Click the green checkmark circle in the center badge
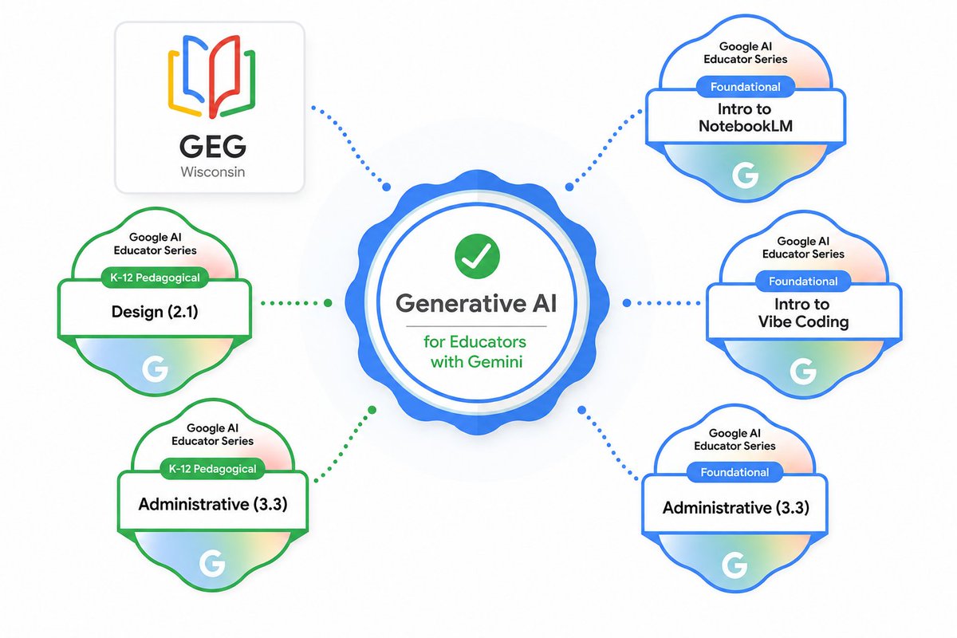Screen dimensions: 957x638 tap(477, 257)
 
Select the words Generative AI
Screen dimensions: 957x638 tap(476, 303)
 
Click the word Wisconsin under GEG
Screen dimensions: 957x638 tap(213, 171)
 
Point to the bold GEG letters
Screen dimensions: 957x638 tap(213, 146)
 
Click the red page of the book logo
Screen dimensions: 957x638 tap(224, 76)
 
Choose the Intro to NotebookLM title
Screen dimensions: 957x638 tap(746, 117)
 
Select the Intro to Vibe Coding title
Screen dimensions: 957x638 tap(803, 313)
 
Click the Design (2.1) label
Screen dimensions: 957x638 tap(155, 312)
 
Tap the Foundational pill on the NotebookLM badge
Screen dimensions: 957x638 tap(746, 87)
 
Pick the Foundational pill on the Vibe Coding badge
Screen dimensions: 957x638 tap(803, 282)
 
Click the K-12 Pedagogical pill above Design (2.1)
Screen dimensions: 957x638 tap(155, 278)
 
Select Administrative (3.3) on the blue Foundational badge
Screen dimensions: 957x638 tap(735, 508)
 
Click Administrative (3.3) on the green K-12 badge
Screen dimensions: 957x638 tap(213, 504)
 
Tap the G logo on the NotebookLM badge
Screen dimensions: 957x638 tap(745, 175)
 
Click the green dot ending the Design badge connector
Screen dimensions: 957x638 tap(328, 303)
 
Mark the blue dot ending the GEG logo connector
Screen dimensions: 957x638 tap(386, 187)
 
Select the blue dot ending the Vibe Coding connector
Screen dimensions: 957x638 tap(627, 303)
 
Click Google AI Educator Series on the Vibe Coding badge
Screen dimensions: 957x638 tap(803, 247)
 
